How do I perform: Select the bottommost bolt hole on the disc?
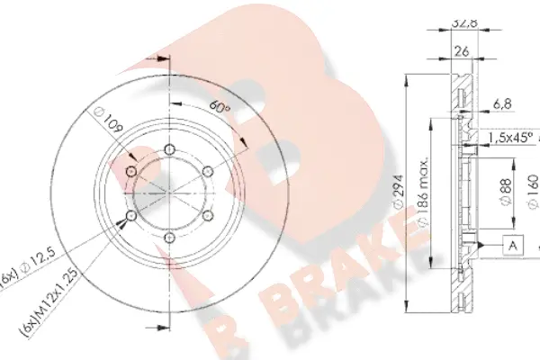(170, 238)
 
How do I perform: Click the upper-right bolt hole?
(208, 171)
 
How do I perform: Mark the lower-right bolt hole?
(208, 216)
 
